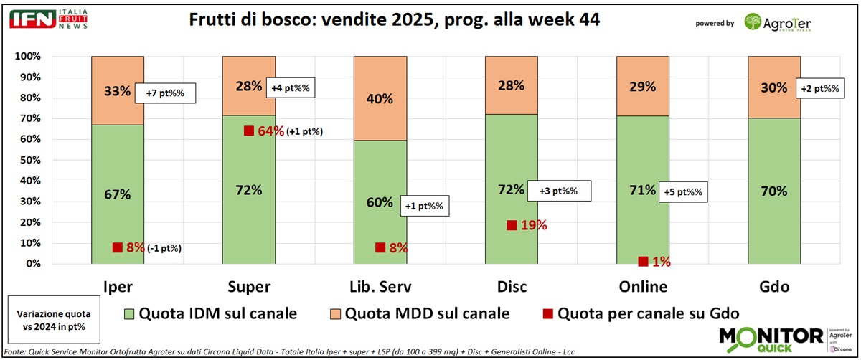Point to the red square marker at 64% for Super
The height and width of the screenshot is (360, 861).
249,131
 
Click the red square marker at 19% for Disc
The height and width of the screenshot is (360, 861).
512,225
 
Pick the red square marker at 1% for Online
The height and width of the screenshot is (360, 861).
643,262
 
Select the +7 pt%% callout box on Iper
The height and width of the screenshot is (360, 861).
169,93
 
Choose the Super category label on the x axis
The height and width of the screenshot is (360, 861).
248,287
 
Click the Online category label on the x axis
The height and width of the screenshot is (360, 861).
643,287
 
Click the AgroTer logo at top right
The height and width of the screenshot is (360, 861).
778,23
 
